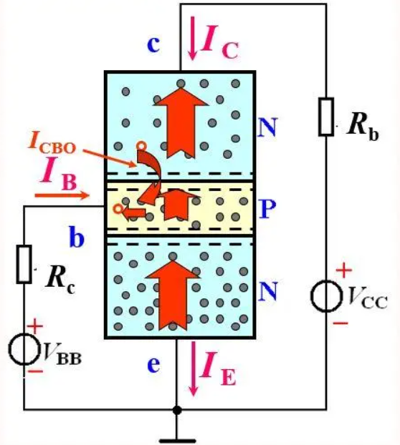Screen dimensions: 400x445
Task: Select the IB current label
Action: coord(59,173)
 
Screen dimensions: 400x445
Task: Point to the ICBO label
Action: coord(52,145)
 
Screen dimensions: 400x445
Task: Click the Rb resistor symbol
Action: coord(326,117)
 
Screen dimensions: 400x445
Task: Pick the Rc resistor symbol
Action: coord(24,265)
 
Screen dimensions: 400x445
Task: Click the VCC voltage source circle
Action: coord(326,296)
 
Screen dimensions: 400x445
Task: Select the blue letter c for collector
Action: coord(153,44)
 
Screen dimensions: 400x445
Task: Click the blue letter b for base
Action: coord(77,238)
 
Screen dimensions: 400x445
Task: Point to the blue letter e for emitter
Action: coord(153,365)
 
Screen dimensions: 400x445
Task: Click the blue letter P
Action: coord(268,209)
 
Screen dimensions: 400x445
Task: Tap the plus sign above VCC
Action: coord(344,270)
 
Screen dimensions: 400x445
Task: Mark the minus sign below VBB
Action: coord(37,371)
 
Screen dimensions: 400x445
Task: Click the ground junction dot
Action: coord(177,410)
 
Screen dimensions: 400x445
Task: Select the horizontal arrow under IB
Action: coord(62,195)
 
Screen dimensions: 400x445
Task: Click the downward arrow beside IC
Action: coord(193,39)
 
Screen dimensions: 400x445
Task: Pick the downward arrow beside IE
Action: coord(194,368)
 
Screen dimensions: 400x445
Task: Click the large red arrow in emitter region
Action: coord(173,295)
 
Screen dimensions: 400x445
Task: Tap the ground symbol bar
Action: coord(177,441)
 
